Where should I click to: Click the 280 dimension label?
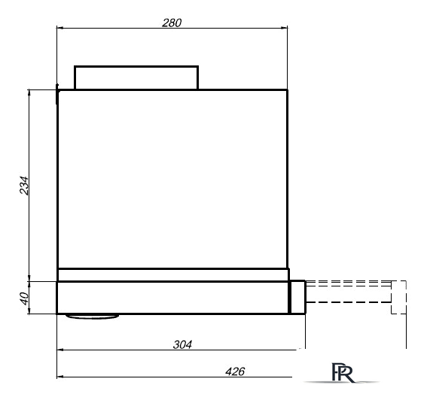172,23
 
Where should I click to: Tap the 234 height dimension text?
24,186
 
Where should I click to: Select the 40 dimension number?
25,299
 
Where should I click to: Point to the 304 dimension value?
182,344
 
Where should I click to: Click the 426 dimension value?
235,371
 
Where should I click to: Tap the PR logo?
343,372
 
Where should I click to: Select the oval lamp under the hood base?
93,317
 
